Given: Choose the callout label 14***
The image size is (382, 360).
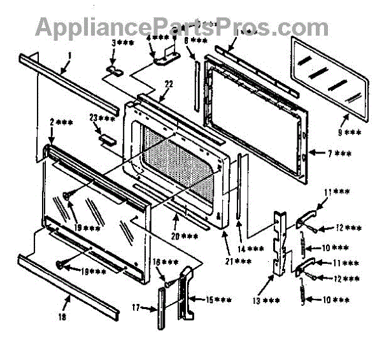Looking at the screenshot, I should click(x=251, y=248).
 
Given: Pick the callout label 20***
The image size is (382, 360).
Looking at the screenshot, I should click(x=185, y=236).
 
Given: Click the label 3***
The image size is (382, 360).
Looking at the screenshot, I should click(x=121, y=43).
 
